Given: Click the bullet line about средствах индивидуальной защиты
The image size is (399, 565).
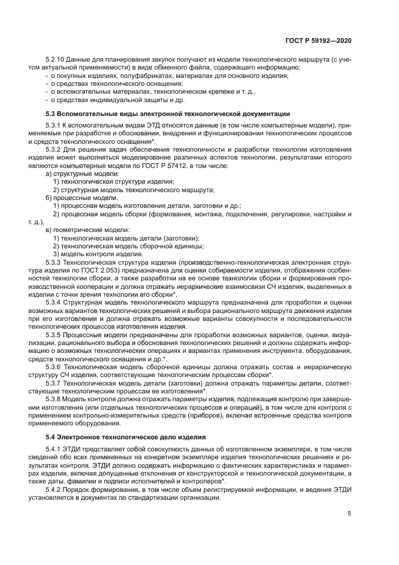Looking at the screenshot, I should pyautogui.click(x=117, y=99).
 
